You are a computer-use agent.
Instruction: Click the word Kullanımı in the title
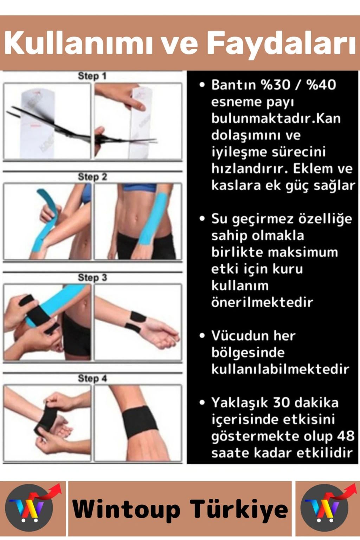(x=78, y=43)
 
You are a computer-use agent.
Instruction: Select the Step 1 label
(x=92, y=76)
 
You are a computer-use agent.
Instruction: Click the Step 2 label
(x=92, y=177)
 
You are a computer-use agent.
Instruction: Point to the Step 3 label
(x=92, y=278)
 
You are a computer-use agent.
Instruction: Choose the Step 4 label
(x=92, y=379)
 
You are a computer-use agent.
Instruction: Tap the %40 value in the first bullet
(x=321, y=85)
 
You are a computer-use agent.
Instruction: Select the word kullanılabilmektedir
(x=280, y=369)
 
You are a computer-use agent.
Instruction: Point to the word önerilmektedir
(x=262, y=302)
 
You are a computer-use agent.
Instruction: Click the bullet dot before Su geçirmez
(x=202, y=218)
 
